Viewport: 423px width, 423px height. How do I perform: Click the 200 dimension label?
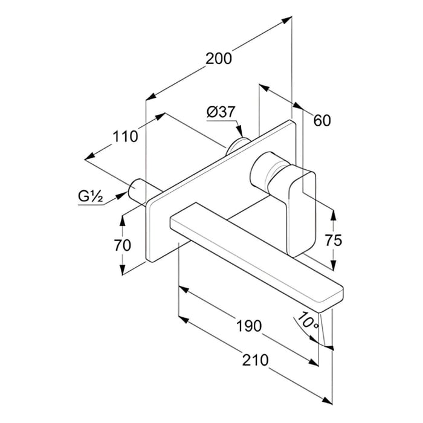tap(219, 59)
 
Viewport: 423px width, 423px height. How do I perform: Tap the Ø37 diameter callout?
tap(220, 112)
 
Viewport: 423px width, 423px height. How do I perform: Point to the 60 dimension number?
tap(322, 120)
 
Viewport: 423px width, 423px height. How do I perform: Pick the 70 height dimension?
tap(123, 245)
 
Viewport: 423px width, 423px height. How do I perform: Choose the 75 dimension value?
tap(333, 240)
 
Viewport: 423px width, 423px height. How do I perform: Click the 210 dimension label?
tap(255, 360)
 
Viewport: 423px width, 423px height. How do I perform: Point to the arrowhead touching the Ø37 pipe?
tap(239, 132)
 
